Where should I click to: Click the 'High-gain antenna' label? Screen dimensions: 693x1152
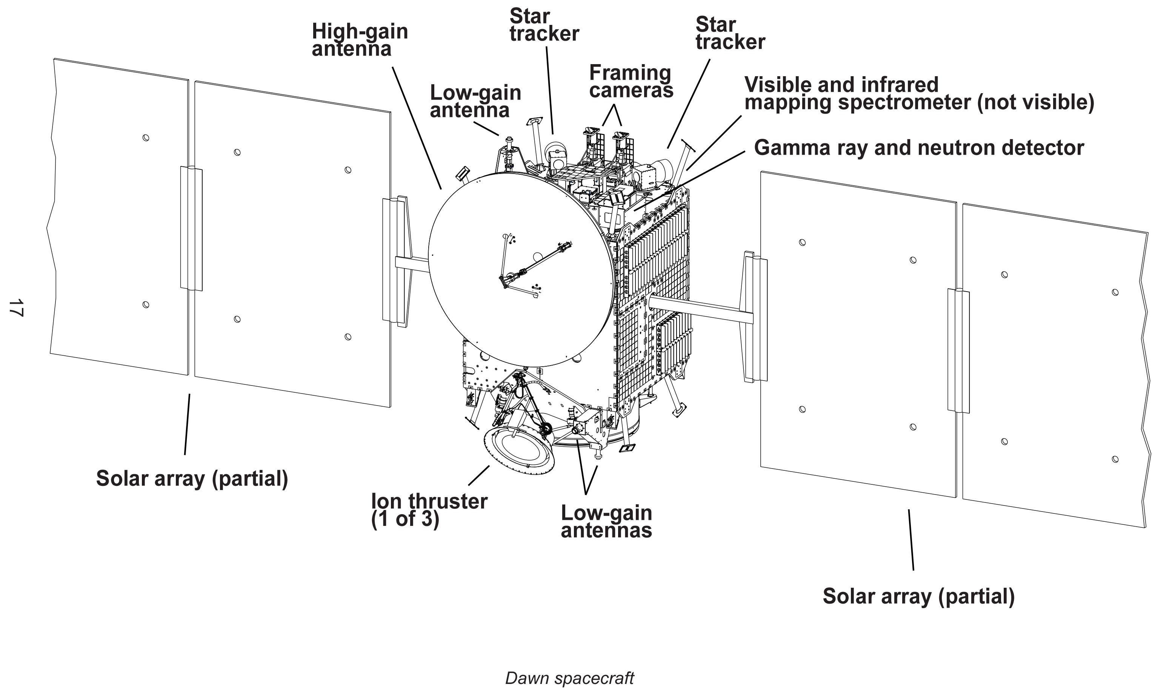[x=360, y=40]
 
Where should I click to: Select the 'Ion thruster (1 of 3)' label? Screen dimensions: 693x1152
[x=429, y=510]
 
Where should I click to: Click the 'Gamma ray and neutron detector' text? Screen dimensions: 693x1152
[x=918, y=148]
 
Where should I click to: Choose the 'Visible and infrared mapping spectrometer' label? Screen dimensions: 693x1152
[x=918, y=94]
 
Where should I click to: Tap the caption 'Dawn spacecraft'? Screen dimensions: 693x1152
[x=569, y=678]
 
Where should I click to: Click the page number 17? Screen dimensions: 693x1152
[x=15, y=308]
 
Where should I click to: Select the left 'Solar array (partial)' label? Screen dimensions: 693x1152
[x=192, y=479]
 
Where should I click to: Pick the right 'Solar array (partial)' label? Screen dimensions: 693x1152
[x=918, y=596]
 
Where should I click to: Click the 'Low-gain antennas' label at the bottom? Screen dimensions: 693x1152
[x=606, y=521]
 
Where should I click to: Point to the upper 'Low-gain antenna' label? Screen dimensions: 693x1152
[x=475, y=101]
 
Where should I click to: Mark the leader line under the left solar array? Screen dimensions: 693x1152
[x=187, y=424]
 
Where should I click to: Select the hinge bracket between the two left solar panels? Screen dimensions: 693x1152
[x=191, y=229]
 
